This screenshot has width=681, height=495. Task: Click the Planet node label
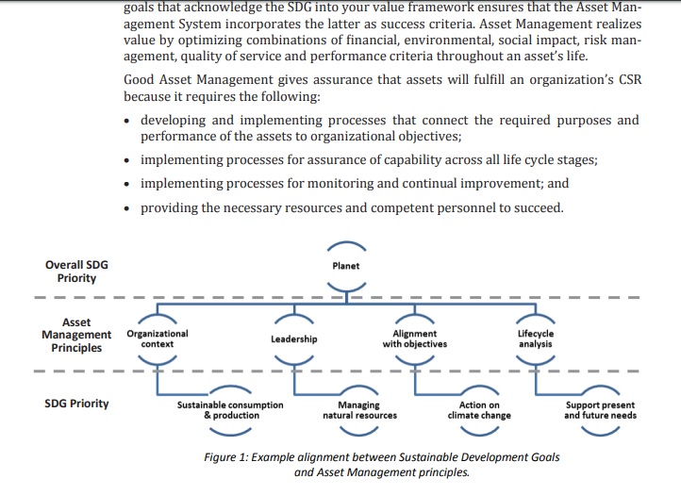tap(346, 266)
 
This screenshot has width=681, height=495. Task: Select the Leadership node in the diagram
tap(294, 338)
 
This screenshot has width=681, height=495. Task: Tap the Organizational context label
tap(158, 338)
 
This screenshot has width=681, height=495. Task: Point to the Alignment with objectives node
tap(415, 338)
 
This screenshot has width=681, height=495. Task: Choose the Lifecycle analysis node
tap(536, 338)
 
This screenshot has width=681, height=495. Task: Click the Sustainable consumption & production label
tap(230, 410)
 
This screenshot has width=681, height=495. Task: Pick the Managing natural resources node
tap(359, 410)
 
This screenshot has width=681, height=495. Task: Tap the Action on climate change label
tap(479, 410)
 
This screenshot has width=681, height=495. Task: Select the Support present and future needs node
tap(600, 410)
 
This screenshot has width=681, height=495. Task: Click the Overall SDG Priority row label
tap(76, 272)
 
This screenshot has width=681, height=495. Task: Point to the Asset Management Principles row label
tap(76, 335)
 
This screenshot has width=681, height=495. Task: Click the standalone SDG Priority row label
tap(76, 404)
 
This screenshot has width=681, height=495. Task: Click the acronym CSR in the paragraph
tap(630, 80)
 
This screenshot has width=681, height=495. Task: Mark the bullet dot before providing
tap(126, 209)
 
